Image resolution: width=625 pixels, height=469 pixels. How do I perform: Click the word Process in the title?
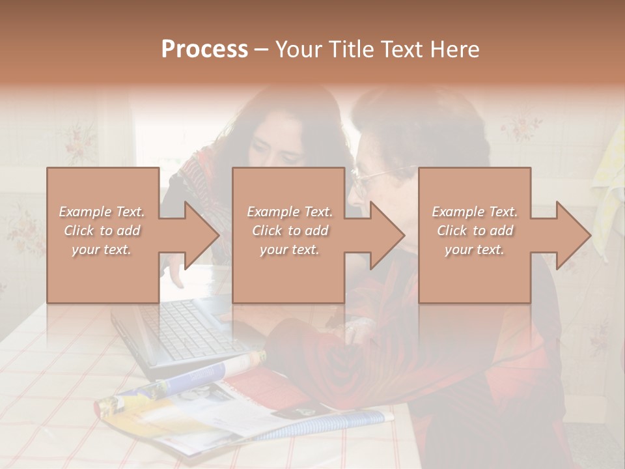(204, 50)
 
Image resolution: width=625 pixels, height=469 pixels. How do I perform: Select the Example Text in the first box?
(102, 212)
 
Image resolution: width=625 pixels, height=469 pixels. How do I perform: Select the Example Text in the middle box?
(290, 212)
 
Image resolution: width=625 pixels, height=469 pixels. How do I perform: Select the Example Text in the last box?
(475, 212)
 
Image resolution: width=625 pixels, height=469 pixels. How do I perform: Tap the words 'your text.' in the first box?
(102, 249)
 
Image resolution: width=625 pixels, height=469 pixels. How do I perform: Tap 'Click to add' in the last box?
(475, 231)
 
